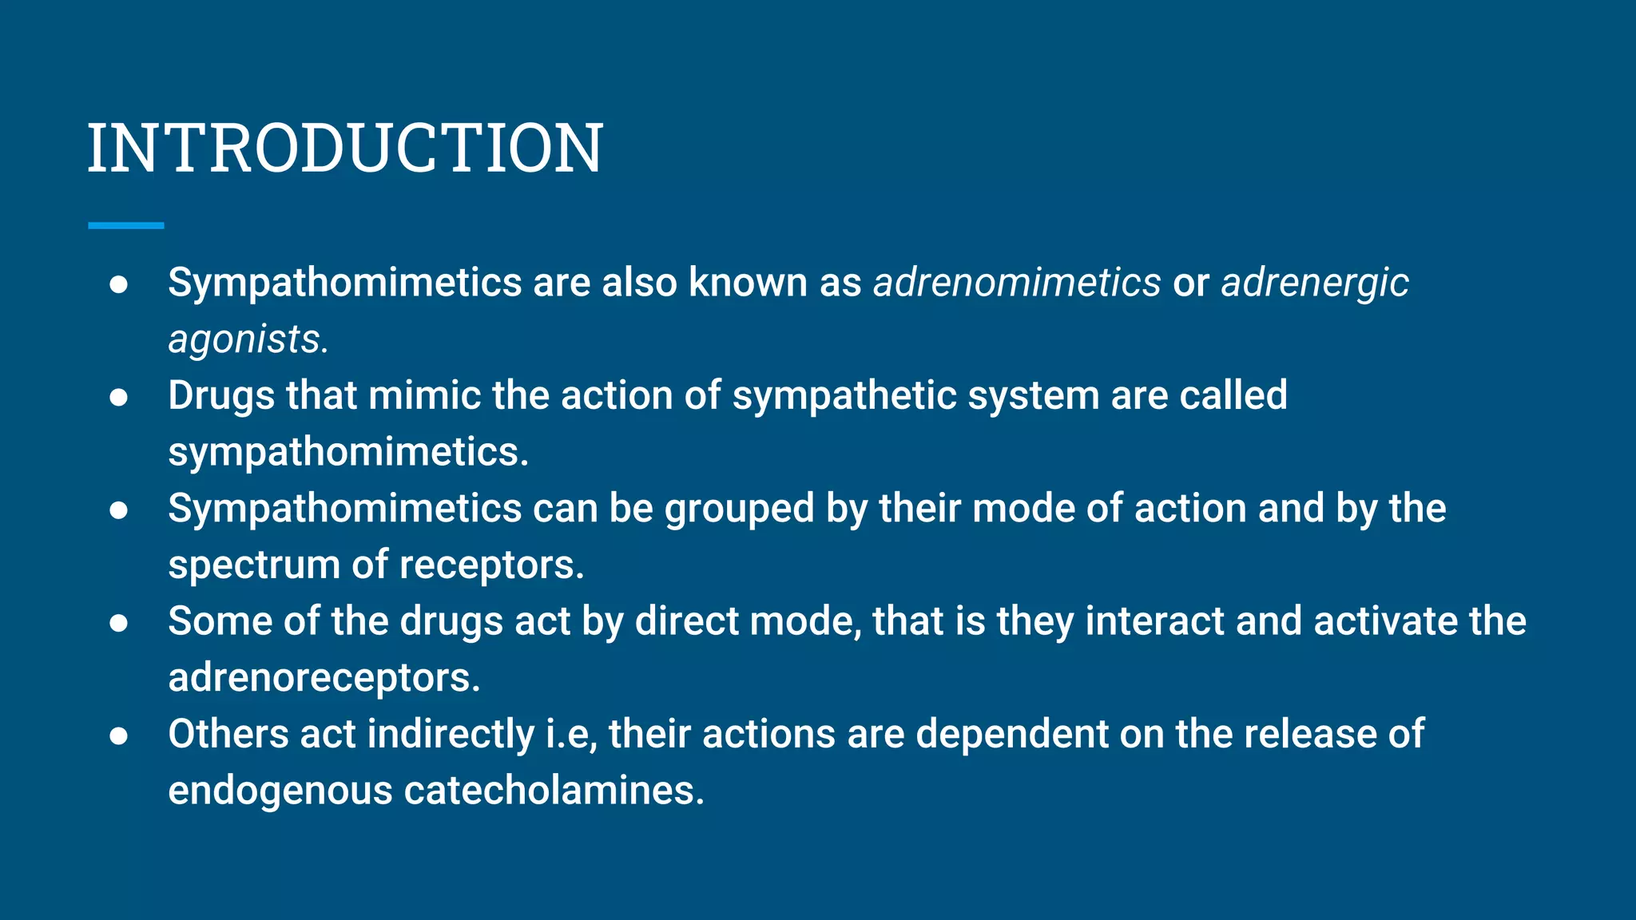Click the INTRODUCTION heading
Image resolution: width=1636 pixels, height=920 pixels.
pos(345,148)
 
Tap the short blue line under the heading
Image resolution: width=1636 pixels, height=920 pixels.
pos(126,226)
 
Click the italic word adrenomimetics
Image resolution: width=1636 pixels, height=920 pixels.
pos(1017,283)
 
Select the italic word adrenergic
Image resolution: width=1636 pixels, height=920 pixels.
pos(1315,283)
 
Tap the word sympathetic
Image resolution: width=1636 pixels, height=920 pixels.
pos(844,396)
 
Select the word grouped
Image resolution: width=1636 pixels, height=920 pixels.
pos(739,509)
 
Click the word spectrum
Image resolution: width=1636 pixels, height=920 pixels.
pos(254,565)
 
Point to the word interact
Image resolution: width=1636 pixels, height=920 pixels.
pos(1154,621)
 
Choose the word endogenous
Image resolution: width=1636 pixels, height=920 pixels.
pos(280,791)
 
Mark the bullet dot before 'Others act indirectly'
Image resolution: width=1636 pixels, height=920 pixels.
pos(119,736)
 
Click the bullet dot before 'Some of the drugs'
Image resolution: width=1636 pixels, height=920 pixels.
pos(119,623)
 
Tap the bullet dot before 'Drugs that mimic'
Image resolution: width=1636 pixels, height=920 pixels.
pos(119,397)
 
